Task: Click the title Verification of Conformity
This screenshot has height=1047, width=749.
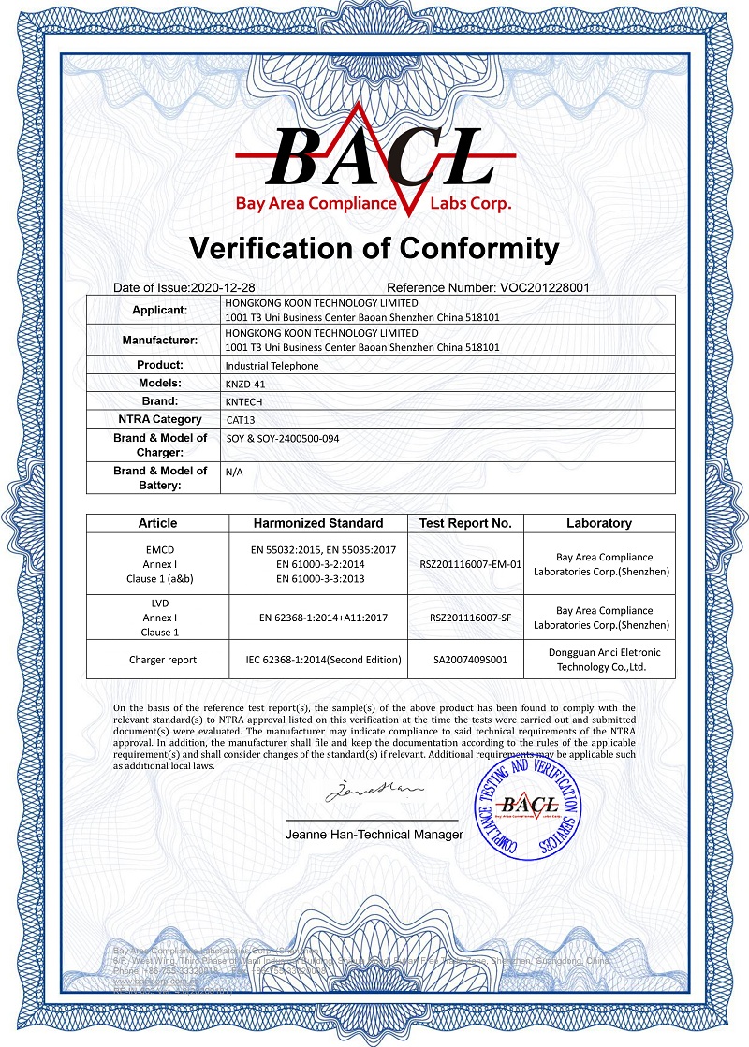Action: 374,248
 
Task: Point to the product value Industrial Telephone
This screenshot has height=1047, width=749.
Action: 272,365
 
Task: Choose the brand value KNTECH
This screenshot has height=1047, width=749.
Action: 246,401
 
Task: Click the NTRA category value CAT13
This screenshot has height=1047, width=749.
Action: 241,419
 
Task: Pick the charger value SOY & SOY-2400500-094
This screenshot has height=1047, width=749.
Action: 282,438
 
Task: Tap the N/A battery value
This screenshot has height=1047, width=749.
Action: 234,473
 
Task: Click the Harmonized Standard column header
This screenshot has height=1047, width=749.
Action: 318,523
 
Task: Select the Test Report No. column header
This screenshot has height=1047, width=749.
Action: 464,523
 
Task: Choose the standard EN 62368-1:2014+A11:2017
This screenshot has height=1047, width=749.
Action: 318,617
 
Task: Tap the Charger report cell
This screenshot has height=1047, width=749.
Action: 163,660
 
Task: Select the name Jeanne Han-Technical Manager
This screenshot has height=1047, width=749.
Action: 374,834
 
